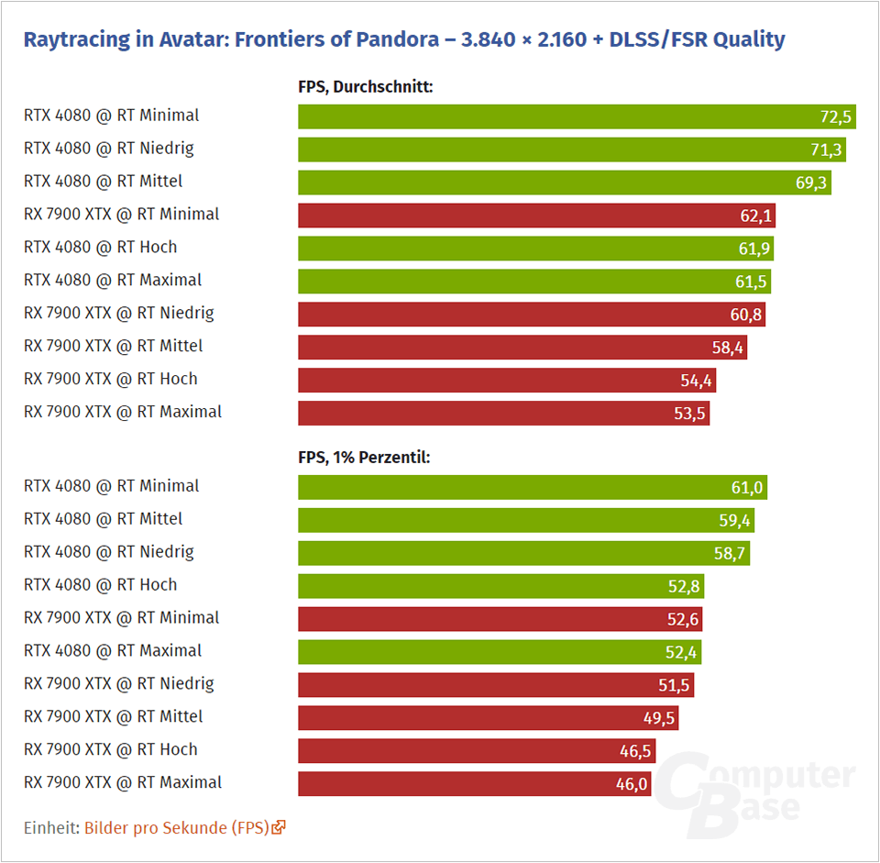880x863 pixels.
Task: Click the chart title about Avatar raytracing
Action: tap(403, 39)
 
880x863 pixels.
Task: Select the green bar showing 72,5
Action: tap(576, 116)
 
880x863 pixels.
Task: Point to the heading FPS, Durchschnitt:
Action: tap(365, 87)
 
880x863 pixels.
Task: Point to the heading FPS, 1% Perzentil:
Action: tap(364, 457)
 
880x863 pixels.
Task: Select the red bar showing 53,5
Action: tap(503, 414)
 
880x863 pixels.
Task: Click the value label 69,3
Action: tap(811, 183)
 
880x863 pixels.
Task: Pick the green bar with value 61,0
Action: tap(532, 487)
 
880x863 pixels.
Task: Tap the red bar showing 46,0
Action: tap(474, 784)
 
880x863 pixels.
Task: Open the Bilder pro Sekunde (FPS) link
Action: tap(177, 827)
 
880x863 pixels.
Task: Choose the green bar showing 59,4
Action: tap(525, 520)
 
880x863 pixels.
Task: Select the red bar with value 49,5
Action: tap(487, 718)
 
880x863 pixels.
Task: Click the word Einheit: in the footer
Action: tap(51, 827)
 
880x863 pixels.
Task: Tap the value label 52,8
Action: tap(684, 586)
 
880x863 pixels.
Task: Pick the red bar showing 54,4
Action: tap(506, 381)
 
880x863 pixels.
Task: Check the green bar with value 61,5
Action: tap(533, 282)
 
